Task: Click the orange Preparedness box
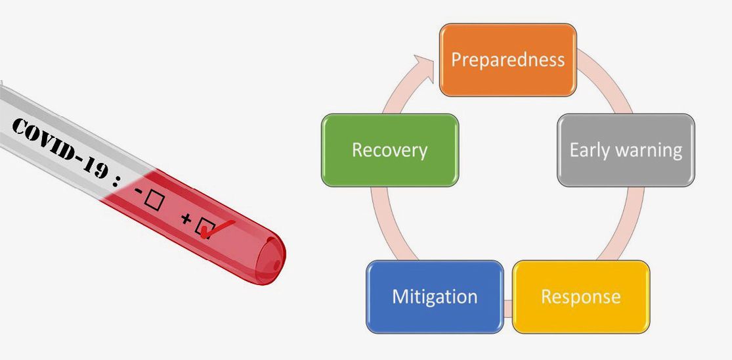(x=507, y=60)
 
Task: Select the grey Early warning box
(x=626, y=150)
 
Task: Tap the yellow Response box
(x=580, y=296)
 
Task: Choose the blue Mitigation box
(x=435, y=296)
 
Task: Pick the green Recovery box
(x=389, y=150)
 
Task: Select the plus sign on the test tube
(x=186, y=223)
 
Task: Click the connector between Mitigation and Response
(x=508, y=306)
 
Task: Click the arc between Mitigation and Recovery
(x=384, y=223)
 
